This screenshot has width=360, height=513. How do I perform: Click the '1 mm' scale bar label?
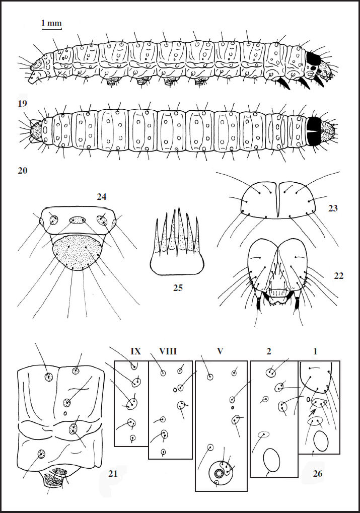pyautogui.click(x=51, y=23)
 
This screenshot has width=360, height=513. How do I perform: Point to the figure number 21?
pyautogui.click(x=114, y=473)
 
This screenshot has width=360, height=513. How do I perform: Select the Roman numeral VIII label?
pyautogui.click(x=168, y=351)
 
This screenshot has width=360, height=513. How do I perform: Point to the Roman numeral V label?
pyautogui.click(x=220, y=351)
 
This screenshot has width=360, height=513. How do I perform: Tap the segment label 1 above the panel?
pyautogui.click(x=315, y=351)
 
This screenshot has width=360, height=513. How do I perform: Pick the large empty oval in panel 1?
pyautogui.click(x=321, y=442)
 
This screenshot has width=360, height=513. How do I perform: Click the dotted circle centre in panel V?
pyautogui.click(x=220, y=473)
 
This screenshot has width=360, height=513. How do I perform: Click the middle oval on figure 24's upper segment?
pyautogui.click(x=78, y=220)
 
